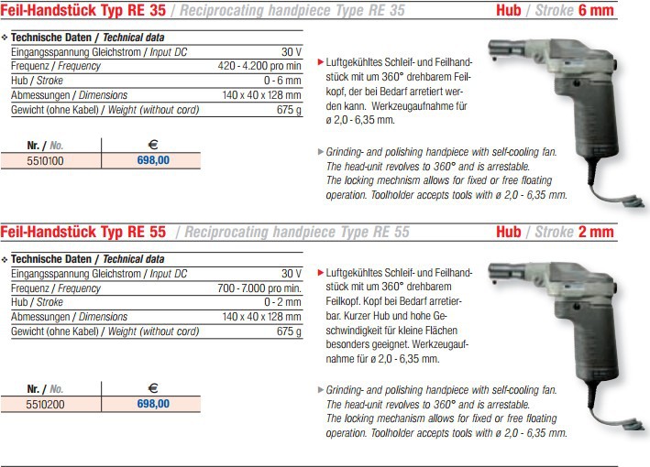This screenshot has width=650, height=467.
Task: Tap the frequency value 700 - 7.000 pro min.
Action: click(261, 287)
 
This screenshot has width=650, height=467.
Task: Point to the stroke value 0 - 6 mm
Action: click(282, 81)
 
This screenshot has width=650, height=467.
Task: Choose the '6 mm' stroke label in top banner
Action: click(595, 10)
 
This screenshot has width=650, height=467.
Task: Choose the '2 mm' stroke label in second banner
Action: click(595, 232)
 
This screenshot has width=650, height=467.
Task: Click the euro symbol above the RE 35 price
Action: click(152, 144)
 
